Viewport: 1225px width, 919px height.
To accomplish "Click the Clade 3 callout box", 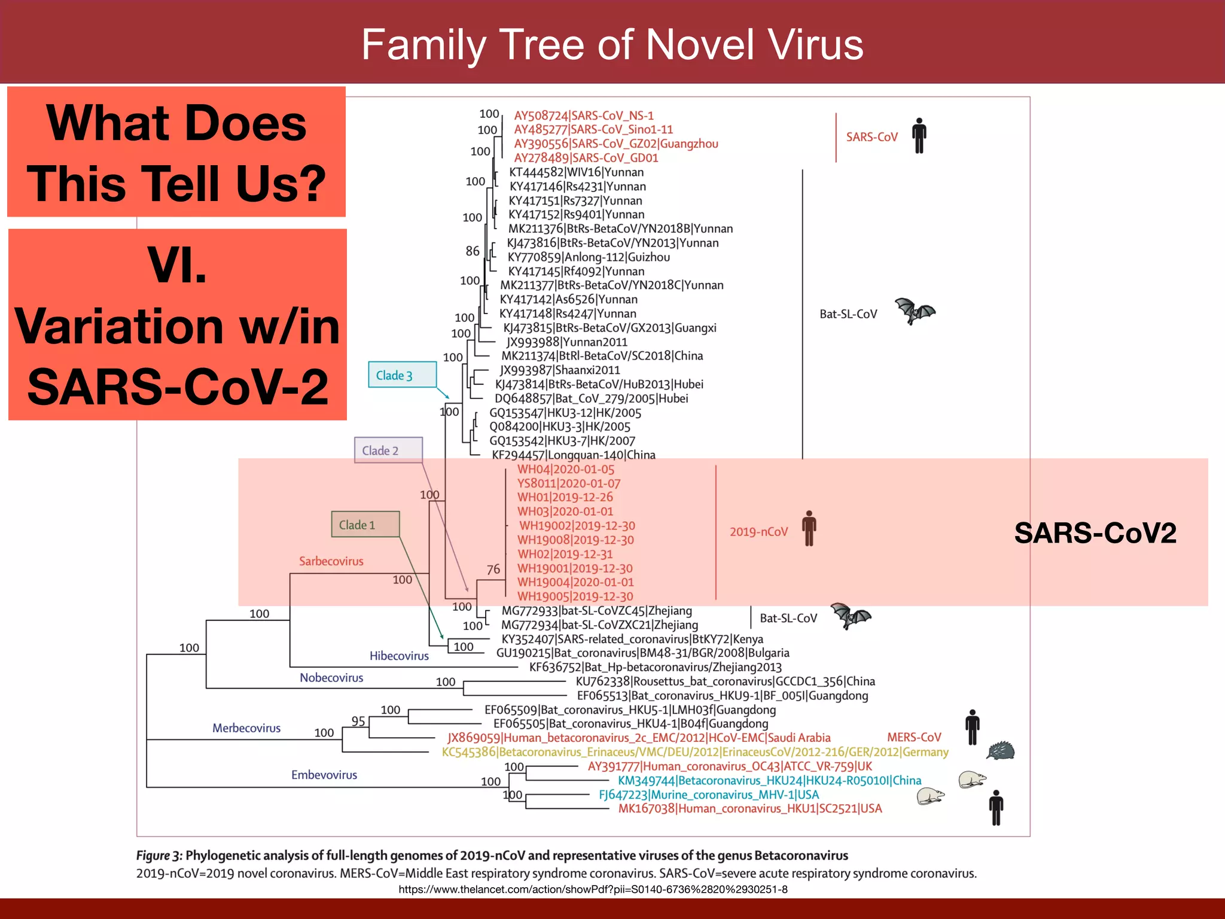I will [402, 375].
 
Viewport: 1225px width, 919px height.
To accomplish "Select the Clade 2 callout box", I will [388, 451].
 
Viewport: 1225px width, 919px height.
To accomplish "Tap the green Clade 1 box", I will [365, 525].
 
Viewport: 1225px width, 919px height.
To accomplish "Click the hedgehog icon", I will [1000, 750].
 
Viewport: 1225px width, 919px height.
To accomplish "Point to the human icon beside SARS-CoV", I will [919, 136].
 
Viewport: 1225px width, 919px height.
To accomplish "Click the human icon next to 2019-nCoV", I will [809, 528].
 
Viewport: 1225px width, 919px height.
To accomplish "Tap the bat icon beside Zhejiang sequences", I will [851, 616].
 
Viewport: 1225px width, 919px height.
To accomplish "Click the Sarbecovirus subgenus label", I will [331, 561].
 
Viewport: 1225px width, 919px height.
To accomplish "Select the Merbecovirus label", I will [246, 728].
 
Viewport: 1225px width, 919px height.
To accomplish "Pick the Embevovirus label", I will [324, 775].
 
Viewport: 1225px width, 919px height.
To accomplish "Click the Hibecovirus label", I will [399, 656].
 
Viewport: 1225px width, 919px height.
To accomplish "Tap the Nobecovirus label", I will [331, 678].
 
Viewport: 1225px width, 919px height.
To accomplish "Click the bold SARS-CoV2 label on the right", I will [1095, 532].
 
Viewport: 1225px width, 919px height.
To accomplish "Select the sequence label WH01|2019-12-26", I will [565, 497].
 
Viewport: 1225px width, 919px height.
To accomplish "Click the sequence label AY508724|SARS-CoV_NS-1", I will [584, 115].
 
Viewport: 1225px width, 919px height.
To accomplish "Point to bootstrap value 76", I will [493, 570].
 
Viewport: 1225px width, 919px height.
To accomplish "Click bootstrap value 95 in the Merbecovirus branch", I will [358, 722].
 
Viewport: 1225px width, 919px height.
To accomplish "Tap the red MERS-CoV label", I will [914, 738].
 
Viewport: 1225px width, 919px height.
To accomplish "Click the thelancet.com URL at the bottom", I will [593, 890].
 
